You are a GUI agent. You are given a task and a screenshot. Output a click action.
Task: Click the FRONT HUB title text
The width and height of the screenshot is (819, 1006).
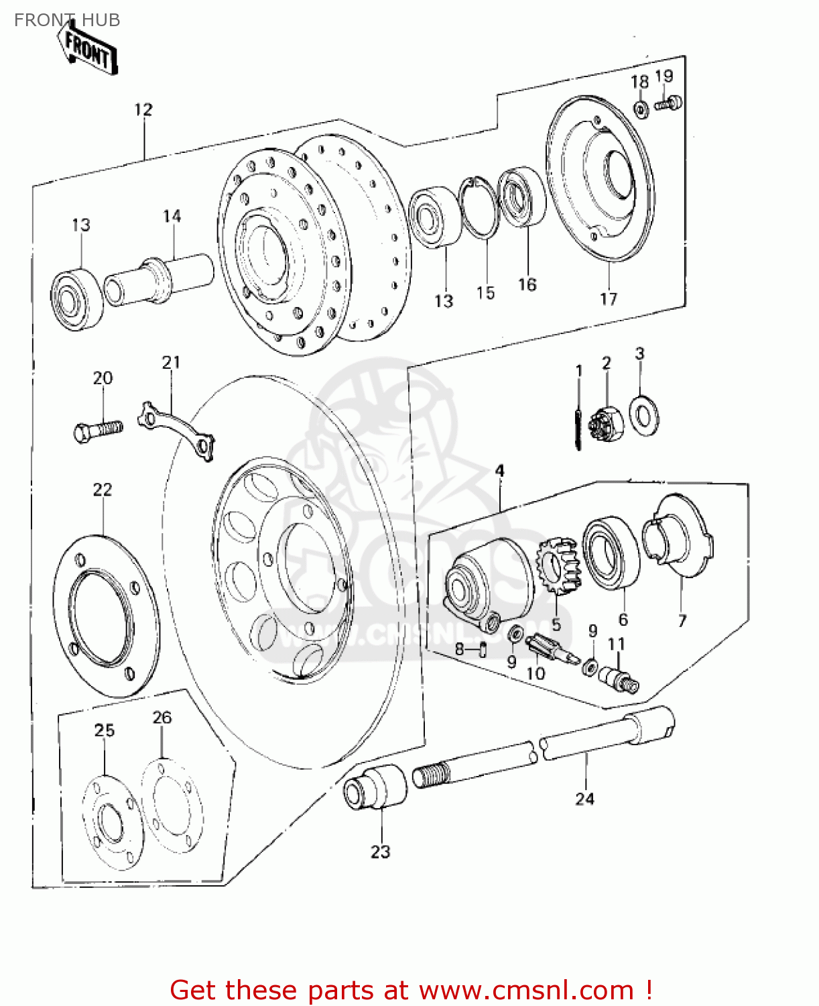(67, 20)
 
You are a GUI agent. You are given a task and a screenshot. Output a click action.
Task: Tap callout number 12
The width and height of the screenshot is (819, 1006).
(143, 109)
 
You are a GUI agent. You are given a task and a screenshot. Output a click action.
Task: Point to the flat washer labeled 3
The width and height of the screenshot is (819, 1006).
(644, 415)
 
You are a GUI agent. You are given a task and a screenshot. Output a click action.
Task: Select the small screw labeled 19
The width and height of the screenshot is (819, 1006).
(669, 103)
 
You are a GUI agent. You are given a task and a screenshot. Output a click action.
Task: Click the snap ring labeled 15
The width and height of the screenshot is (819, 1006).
(479, 207)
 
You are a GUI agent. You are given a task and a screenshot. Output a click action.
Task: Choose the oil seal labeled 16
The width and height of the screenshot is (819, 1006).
(522, 197)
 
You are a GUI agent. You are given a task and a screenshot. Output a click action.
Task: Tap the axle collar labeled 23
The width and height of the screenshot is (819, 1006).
(375, 786)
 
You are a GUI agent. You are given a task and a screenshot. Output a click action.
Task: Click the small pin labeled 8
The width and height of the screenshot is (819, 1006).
(483, 649)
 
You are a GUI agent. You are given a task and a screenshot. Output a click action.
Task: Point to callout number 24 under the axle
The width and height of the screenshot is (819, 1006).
(584, 799)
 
